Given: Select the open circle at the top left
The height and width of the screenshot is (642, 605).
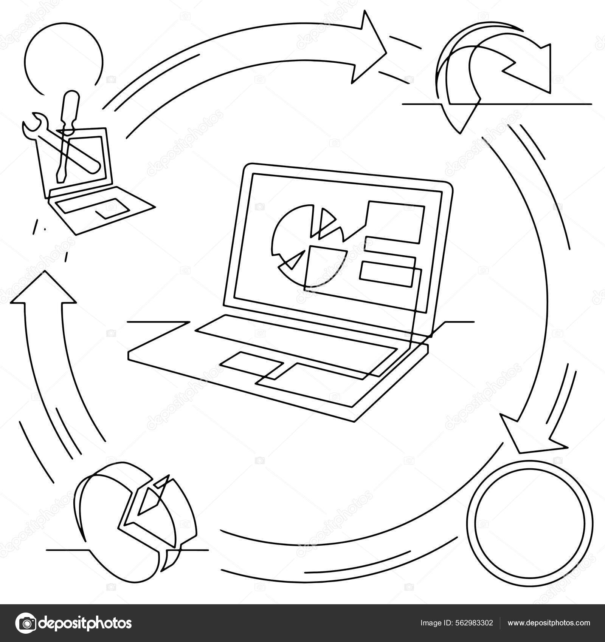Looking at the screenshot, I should [62, 57].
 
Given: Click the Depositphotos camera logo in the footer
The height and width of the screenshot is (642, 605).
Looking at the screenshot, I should [29, 623].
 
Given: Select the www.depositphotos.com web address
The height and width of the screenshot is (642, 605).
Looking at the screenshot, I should [549, 623].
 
